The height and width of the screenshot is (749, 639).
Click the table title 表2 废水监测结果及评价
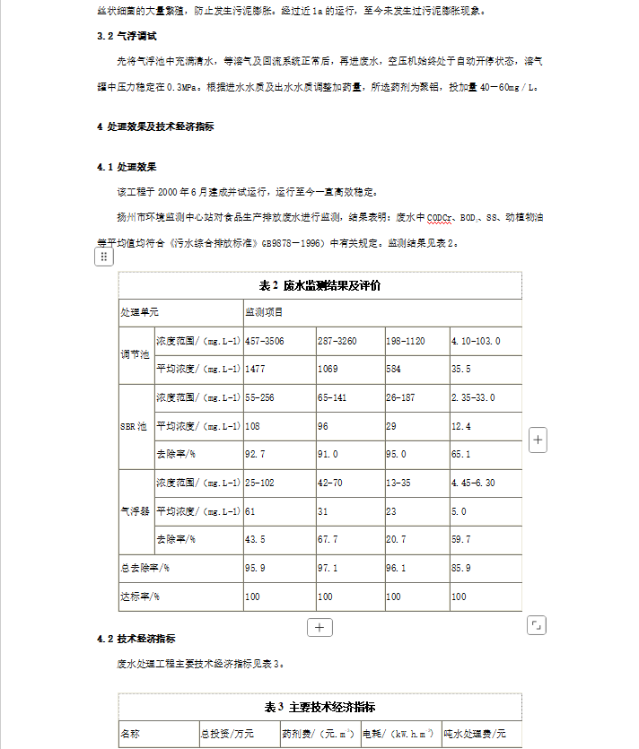click(319, 286)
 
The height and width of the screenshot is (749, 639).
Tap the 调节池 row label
click(136, 355)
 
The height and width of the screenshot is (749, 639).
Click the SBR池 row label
click(135, 426)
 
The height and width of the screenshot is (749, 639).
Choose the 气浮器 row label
click(136, 511)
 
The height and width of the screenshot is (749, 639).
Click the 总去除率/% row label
click(146, 568)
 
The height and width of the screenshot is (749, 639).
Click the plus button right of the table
click(538, 440)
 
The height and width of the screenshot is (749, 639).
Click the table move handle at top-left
click(104, 257)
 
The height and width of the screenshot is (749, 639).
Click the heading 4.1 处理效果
click(127, 167)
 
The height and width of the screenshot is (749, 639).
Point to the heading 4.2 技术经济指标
click(136, 639)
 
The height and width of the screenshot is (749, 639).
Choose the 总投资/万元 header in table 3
click(227, 734)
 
